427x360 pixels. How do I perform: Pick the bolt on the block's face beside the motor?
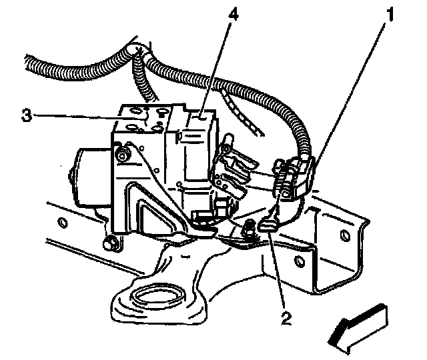[122, 158]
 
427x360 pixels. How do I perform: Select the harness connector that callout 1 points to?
[294, 177]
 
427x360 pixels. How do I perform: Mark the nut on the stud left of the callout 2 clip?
[249, 231]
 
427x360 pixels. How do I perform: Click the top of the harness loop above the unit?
[137, 50]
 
